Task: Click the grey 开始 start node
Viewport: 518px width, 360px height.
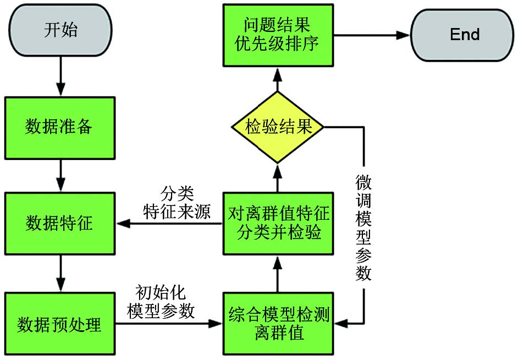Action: tap(60, 31)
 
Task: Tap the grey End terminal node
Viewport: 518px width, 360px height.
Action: tap(464, 35)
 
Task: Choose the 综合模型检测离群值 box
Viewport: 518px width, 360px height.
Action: tap(278, 324)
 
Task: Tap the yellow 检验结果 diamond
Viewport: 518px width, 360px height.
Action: tap(278, 128)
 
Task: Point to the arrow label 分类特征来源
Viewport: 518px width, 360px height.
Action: tap(177, 203)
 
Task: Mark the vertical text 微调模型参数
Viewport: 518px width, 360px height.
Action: tap(363, 228)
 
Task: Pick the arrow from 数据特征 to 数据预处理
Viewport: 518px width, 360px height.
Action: tap(60, 273)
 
